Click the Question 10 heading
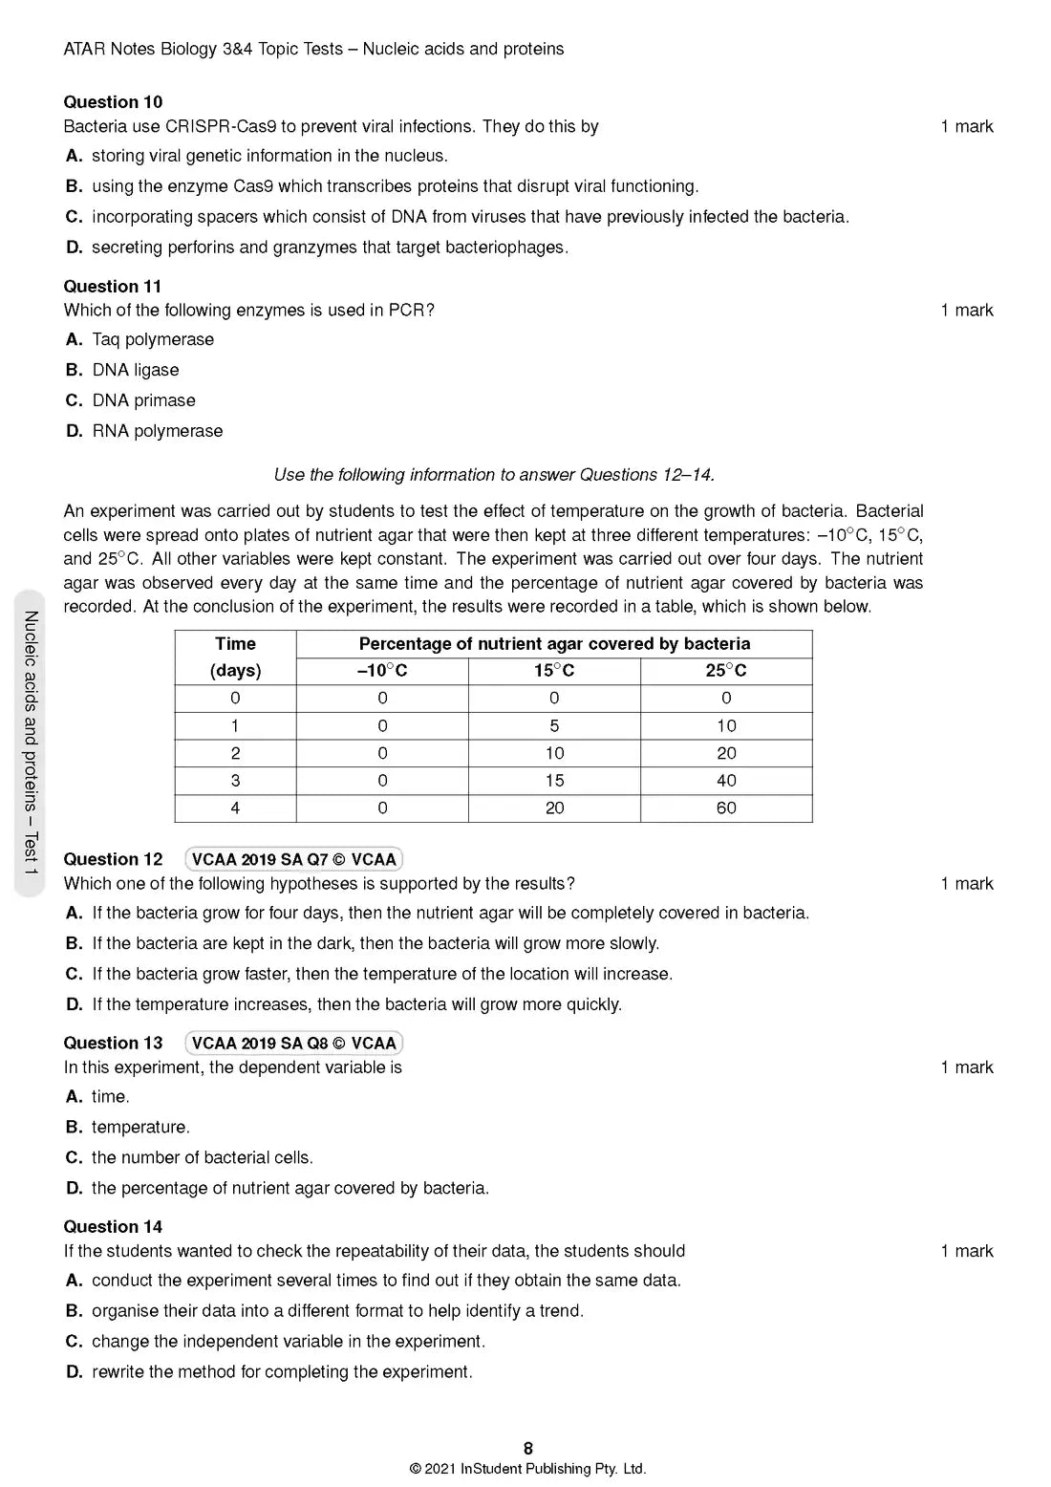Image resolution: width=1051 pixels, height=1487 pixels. click(113, 102)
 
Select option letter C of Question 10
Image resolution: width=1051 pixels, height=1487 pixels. click(74, 217)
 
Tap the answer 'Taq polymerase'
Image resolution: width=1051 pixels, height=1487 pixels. click(153, 339)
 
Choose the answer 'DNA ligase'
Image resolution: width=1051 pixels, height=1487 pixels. click(136, 370)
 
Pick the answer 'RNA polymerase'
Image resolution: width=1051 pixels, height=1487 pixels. click(158, 431)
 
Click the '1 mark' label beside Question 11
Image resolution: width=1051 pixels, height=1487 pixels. click(966, 310)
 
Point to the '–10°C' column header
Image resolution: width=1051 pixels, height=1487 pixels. click(382, 671)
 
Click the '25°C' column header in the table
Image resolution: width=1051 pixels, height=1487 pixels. click(726, 671)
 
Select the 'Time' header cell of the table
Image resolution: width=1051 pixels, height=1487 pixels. click(235, 644)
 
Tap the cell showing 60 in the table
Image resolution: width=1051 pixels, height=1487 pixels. click(726, 808)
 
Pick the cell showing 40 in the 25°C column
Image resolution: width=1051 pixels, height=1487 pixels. click(726, 781)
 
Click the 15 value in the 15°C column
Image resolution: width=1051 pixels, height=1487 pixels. click(554, 781)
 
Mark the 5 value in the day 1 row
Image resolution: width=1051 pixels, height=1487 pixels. click(554, 726)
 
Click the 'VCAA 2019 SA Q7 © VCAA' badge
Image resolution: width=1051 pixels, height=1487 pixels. click(293, 859)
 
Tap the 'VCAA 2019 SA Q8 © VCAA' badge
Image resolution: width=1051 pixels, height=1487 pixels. click(293, 1043)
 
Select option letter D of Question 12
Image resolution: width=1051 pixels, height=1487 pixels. click(74, 1004)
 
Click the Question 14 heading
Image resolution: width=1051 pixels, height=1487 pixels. click(113, 1226)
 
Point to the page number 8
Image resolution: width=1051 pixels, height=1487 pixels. click(528, 1448)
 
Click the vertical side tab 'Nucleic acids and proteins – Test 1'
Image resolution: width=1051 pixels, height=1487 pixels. click(31, 743)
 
